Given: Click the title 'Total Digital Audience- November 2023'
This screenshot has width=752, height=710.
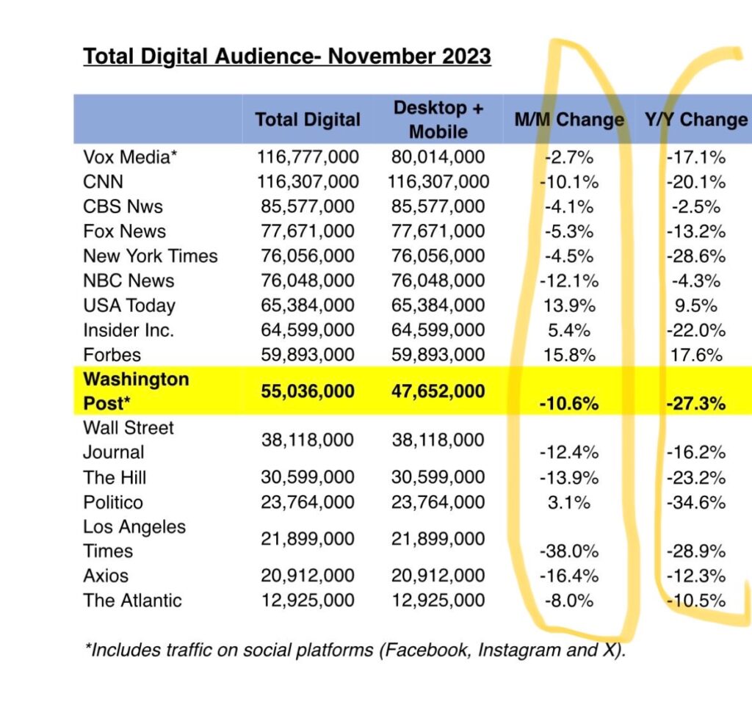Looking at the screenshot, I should tap(286, 57).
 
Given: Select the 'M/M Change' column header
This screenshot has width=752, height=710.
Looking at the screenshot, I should tap(569, 120).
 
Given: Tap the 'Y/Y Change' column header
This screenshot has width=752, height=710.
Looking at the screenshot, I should tap(696, 120).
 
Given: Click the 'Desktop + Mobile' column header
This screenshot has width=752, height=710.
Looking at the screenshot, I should tap(438, 120).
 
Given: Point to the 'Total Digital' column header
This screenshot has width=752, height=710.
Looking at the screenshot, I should tap(308, 120).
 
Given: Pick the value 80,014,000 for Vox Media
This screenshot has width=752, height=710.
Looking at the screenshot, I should tap(439, 156).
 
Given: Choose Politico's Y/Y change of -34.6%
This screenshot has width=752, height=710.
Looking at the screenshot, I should tap(696, 503).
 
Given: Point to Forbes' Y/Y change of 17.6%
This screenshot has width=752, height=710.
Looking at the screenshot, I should tap(696, 355).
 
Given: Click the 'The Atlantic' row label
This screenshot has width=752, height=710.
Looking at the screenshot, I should tap(132, 601).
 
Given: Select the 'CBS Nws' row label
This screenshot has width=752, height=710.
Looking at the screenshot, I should tap(123, 206).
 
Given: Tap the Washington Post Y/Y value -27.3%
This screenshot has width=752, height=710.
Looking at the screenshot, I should tap(696, 404).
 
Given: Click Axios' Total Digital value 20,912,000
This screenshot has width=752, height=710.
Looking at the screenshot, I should tap(308, 576).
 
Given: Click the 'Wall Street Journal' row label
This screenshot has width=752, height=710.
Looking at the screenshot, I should tap(129, 440).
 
